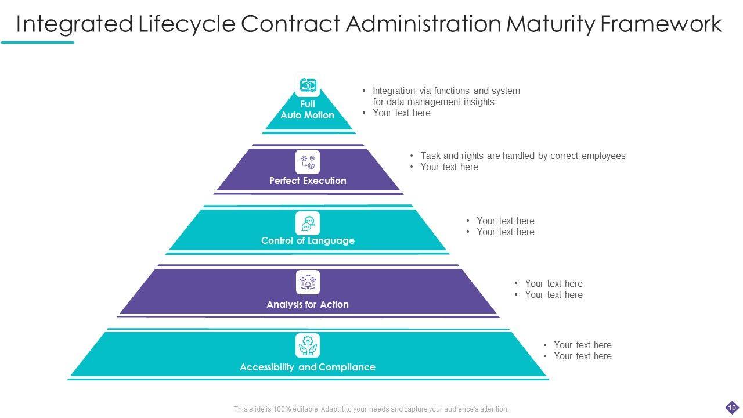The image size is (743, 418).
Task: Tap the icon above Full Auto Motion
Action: pos(308,85)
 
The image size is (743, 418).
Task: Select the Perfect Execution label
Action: pos(308,181)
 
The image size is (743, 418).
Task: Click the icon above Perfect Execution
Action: pos(308,162)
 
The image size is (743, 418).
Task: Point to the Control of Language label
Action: pos(308,240)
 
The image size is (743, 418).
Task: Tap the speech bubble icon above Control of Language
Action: pos(308,224)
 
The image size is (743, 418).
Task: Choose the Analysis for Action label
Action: pos(308,304)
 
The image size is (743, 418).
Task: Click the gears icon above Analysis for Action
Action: pos(308,283)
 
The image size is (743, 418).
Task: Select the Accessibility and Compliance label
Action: pos(308,367)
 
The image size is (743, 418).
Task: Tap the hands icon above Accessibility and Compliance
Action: pos(308,345)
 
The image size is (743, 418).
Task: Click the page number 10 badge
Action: pos(732,408)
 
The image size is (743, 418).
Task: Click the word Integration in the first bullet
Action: pos(394,91)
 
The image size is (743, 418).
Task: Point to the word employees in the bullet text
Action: pos(603,156)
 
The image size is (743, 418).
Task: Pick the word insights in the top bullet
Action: pos(479,102)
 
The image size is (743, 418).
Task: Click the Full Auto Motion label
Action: pos(308,110)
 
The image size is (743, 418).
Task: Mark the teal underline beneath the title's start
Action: pos(38,42)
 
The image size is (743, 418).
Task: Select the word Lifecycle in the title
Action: pos(187,24)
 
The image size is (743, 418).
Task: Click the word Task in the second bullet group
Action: pos(430,156)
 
